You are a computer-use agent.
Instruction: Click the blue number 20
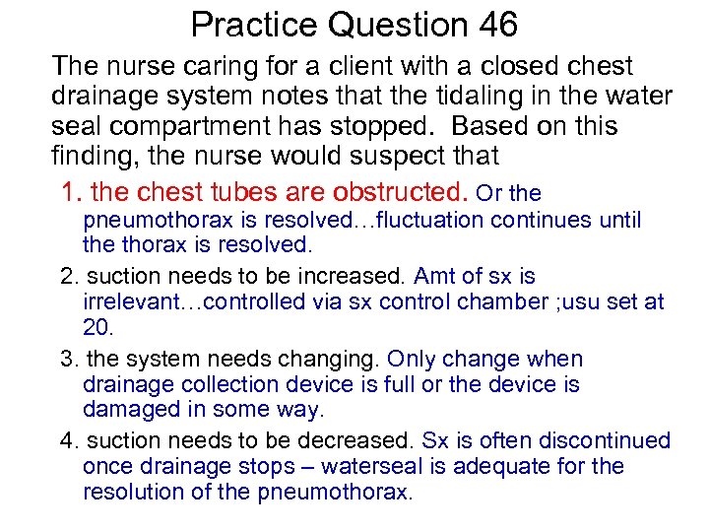97,327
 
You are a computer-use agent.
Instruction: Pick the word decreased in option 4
350,440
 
